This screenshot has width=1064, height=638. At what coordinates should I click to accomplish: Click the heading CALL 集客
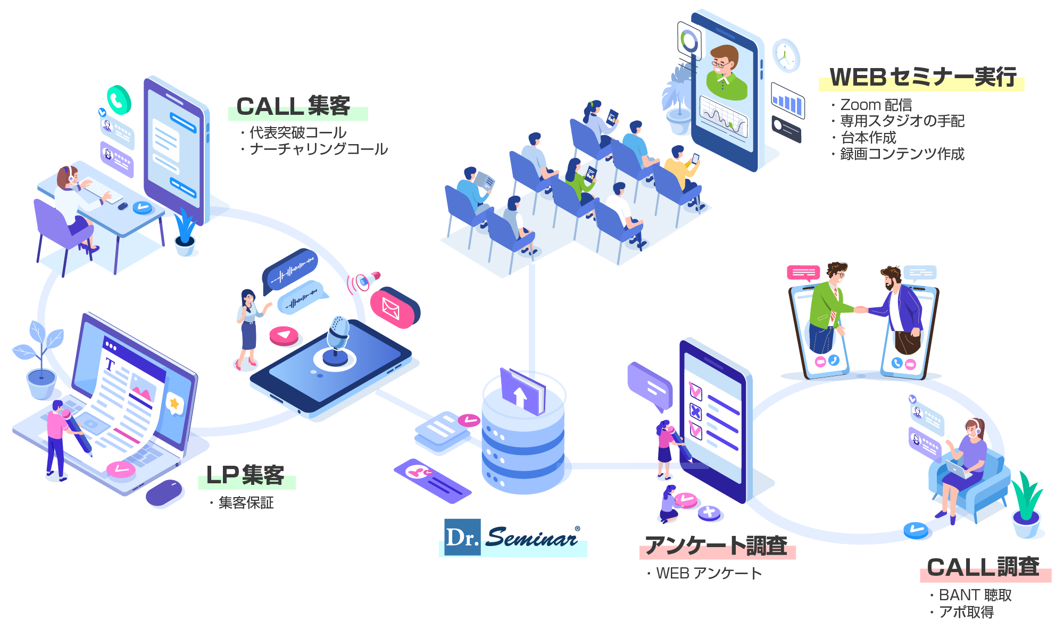[294, 106]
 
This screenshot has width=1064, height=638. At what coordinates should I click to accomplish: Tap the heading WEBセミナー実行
[922, 78]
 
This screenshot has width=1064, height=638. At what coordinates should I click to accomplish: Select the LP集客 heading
[245, 475]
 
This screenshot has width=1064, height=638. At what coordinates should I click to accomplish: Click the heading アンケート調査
[716, 546]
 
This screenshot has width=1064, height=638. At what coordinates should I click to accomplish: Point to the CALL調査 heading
[983, 567]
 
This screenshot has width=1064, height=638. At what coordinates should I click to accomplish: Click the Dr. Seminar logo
[512, 538]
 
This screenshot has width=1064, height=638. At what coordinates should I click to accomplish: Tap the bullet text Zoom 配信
[876, 105]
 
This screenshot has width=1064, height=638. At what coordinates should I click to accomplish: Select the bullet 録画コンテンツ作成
[902, 154]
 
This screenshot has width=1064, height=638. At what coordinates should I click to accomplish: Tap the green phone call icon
[119, 99]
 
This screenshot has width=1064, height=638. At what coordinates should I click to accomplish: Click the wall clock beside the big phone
[786, 55]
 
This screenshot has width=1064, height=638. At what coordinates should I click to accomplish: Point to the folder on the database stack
[522, 391]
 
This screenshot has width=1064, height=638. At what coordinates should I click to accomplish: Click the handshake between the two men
[861, 309]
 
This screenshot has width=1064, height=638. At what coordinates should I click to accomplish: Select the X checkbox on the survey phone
[695, 411]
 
